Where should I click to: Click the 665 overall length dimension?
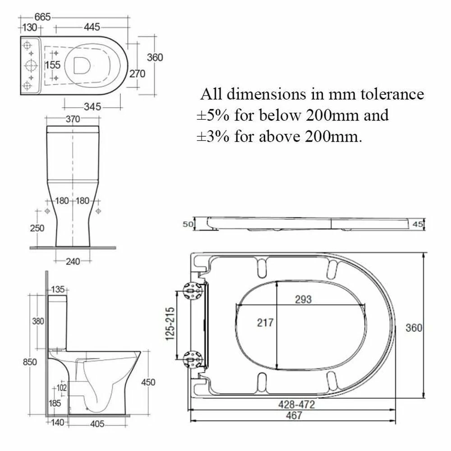pyautogui.click(x=42, y=17)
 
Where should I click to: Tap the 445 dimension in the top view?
pyautogui.click(x=92, y=28)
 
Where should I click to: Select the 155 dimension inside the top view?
pyautogui.click(x=53, y=65)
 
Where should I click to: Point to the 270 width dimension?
pyautogui.click(x=138, y=74)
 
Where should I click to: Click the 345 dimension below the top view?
pyautogui.click(x=92, y=107)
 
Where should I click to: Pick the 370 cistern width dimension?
pyautogui.click(x=73, y=119)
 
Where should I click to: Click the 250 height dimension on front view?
pyautogui.click(x=37, y=228)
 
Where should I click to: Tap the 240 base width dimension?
pyautogui.click(x=73, y=261)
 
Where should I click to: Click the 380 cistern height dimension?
pyautogui.click(x=38, y=321)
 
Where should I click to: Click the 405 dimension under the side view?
pyautogui.click(x=97, y=424)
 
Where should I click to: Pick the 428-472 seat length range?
pyautogui.click(x=296, y=405)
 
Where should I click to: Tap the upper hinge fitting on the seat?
pyautogui.click(x=191, y=291)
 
